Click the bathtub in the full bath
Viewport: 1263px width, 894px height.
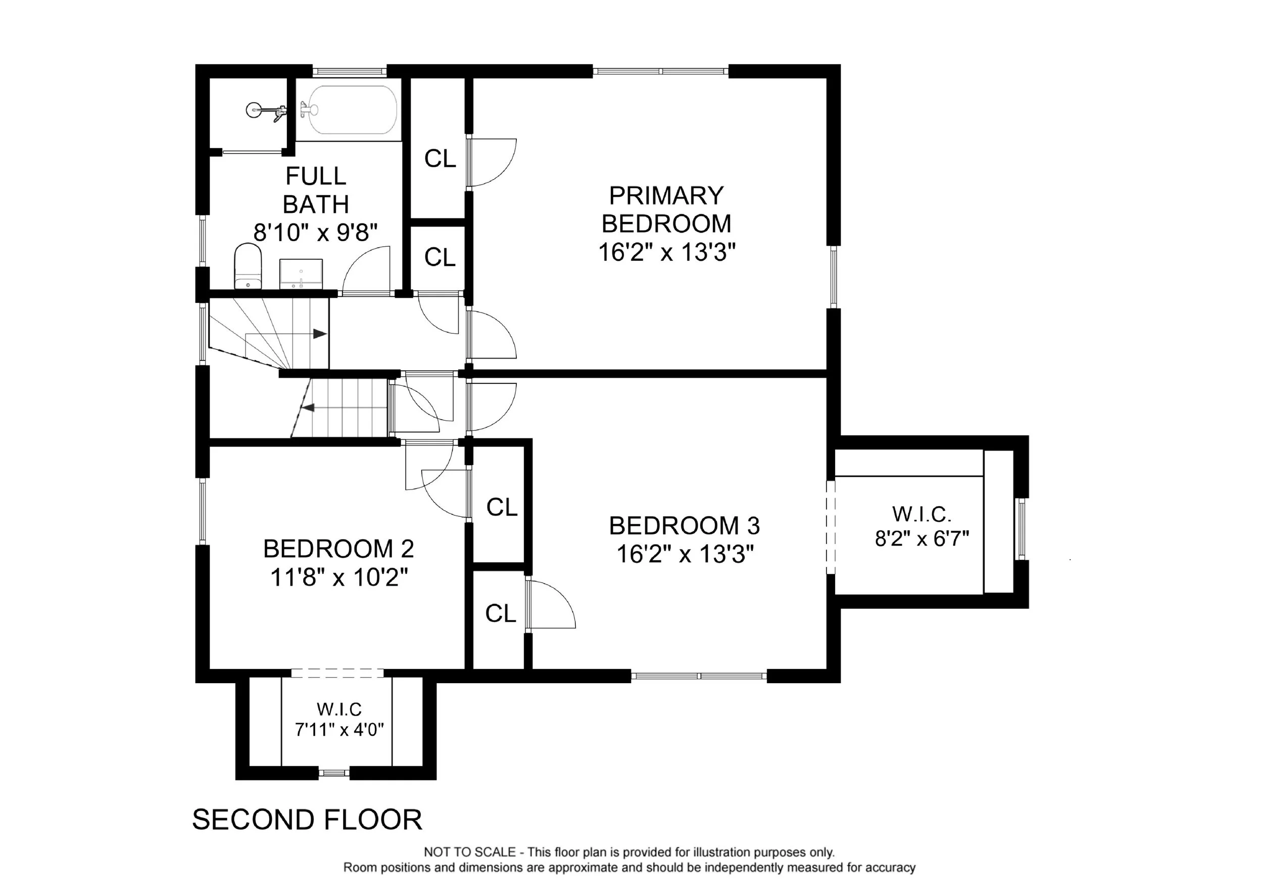352,110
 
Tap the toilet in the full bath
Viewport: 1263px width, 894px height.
248,267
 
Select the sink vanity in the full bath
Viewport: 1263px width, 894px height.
301,274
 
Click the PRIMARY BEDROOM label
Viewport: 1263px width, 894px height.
667,210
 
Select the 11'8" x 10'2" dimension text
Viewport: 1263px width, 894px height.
339,577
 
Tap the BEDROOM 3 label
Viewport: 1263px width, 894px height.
685,526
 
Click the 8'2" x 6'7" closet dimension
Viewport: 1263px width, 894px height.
922,539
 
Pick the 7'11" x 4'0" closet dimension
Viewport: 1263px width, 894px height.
339,730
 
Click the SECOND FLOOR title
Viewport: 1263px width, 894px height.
307,820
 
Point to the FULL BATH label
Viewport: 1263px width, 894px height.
316,190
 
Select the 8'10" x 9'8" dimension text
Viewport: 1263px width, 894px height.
316,233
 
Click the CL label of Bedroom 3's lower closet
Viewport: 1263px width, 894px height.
501,613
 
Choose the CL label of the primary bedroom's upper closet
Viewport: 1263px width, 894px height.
440,159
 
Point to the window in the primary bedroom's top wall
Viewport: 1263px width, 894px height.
661,71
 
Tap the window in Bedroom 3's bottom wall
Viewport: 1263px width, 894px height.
699,676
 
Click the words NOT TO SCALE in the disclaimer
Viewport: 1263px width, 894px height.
469,853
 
